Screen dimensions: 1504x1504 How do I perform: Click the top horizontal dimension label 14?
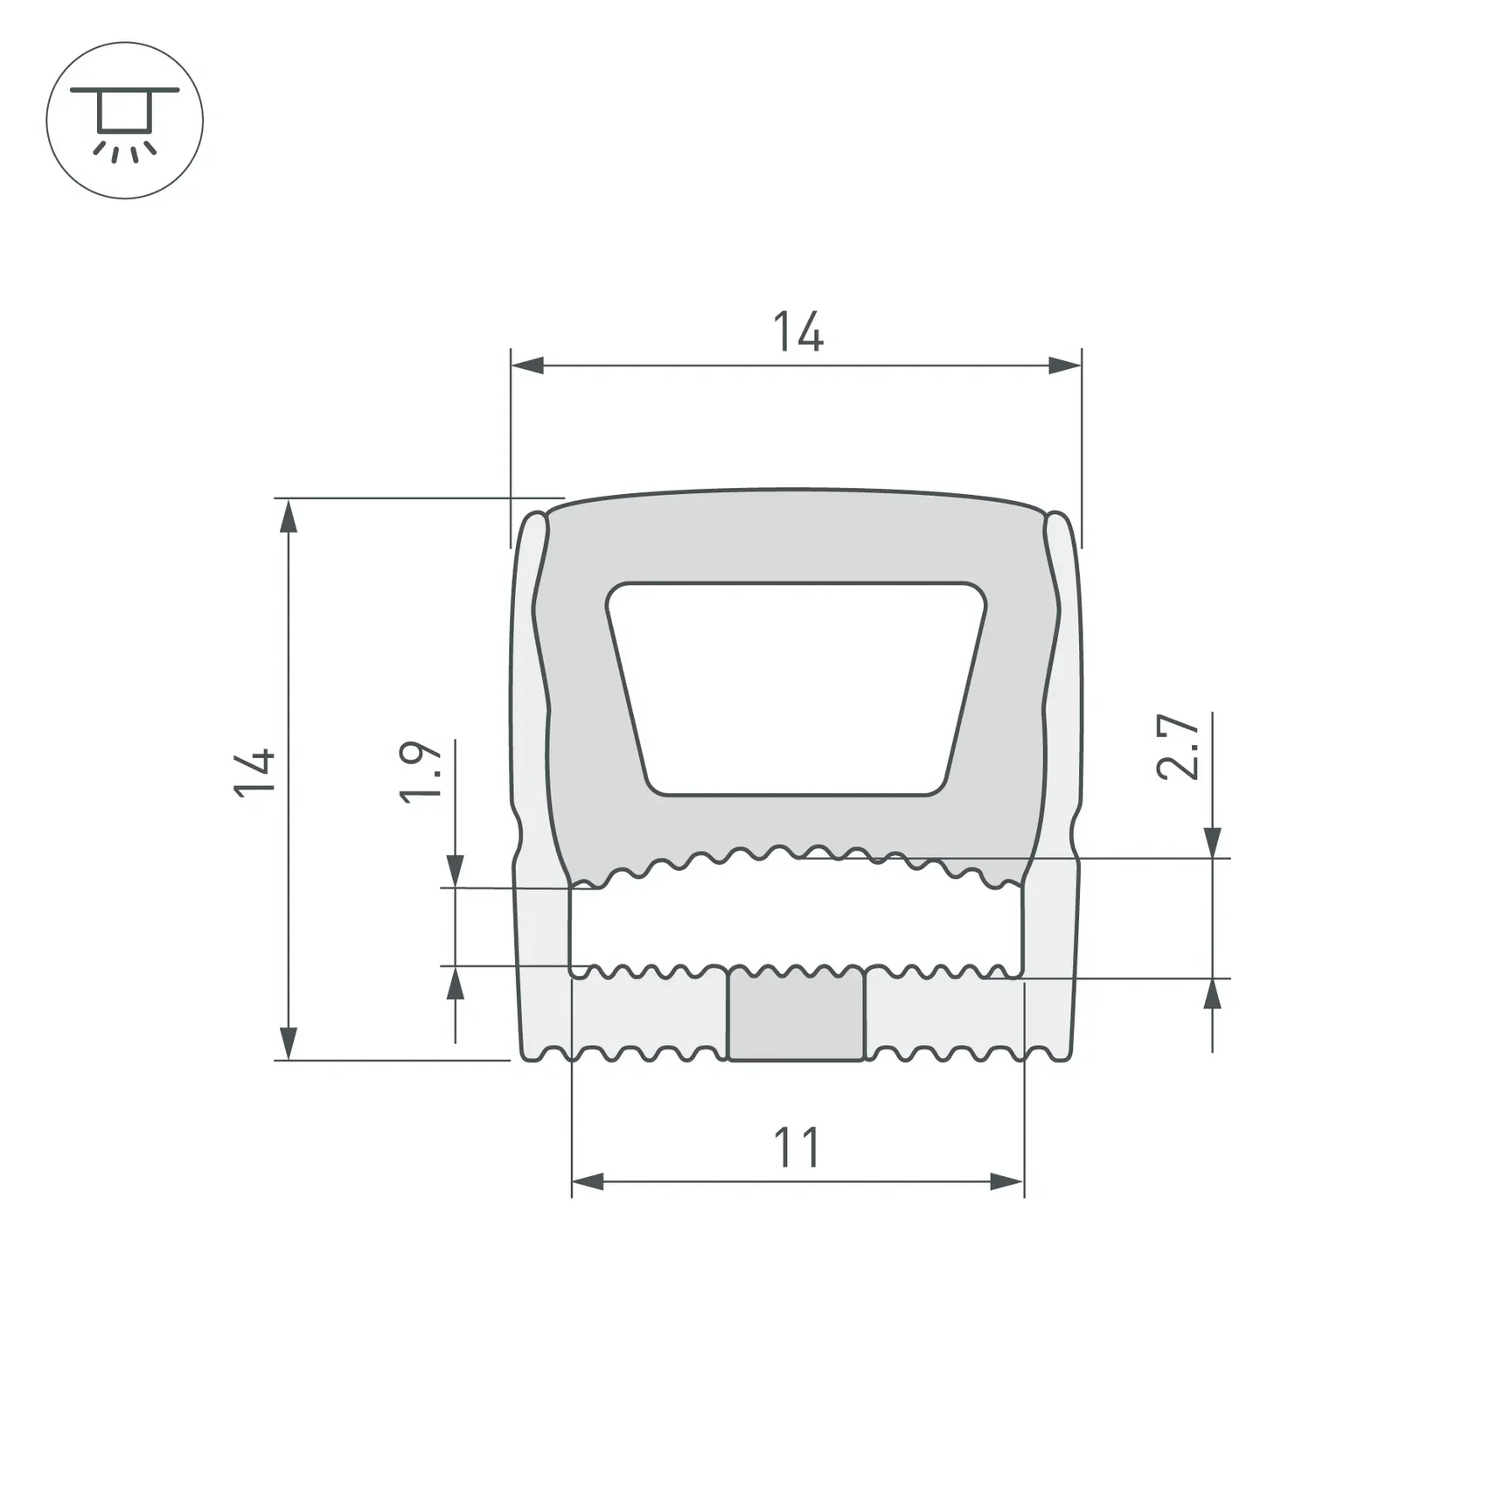click(x=797, y=331)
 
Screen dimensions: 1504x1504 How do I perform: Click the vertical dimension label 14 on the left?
click(x=255, y=772)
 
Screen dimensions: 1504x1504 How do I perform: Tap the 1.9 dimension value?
click(x=421, y=771)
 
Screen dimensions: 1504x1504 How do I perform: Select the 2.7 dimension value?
click(x=1177, y=747)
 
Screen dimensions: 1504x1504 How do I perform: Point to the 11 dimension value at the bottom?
click(x=797, y=1148)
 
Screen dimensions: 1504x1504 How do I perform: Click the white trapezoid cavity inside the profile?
click(x=796, y=689)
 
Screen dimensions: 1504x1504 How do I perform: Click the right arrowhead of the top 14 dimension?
click(x=1065, y=366)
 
